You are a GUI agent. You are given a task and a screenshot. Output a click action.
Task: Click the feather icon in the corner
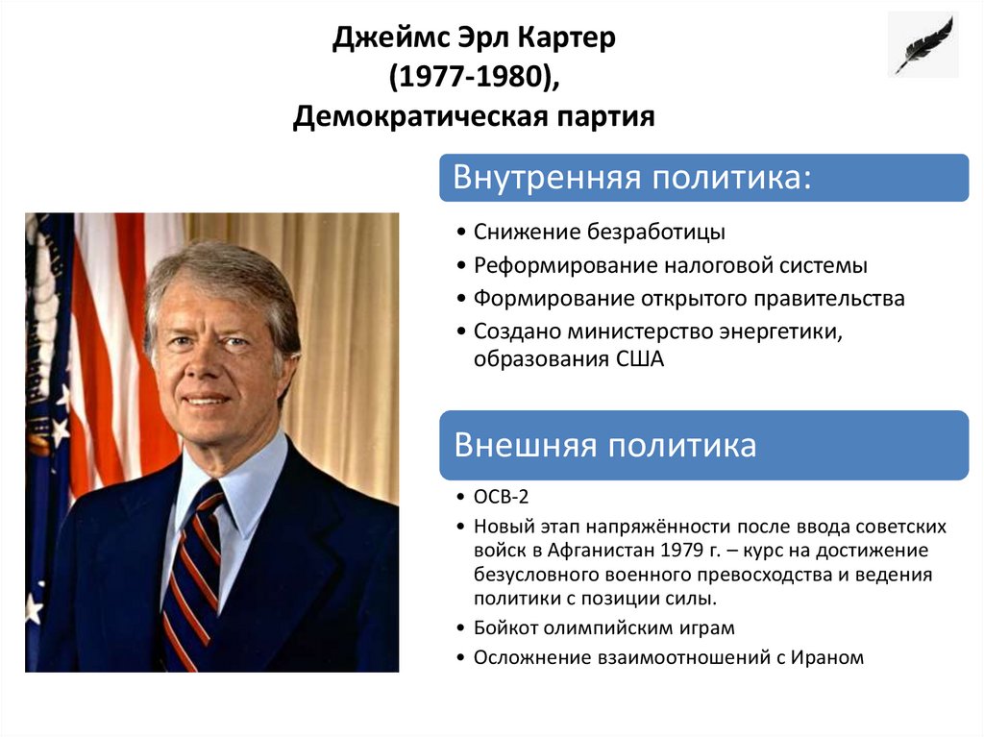click(922, 44)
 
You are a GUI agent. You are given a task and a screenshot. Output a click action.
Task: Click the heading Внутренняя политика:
click(632, 179)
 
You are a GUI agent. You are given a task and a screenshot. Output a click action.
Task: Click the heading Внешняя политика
click(605, 446)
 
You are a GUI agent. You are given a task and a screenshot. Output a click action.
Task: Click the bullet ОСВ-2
click(501, 497)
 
